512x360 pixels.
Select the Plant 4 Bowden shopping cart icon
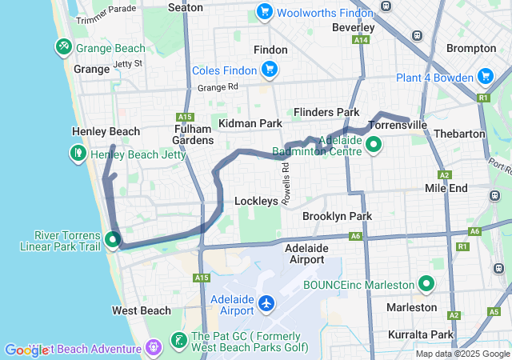coord(485,77)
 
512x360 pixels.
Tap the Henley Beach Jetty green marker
coord(78,152)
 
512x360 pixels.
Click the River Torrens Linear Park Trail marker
coord(113,238)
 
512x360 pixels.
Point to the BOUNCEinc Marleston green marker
coord(426,284)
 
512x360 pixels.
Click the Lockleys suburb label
coord(255,202)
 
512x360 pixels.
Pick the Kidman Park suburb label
coord(250,123)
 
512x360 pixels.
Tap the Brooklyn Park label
coord(337,216)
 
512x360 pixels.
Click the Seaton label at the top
coord(186,7)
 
